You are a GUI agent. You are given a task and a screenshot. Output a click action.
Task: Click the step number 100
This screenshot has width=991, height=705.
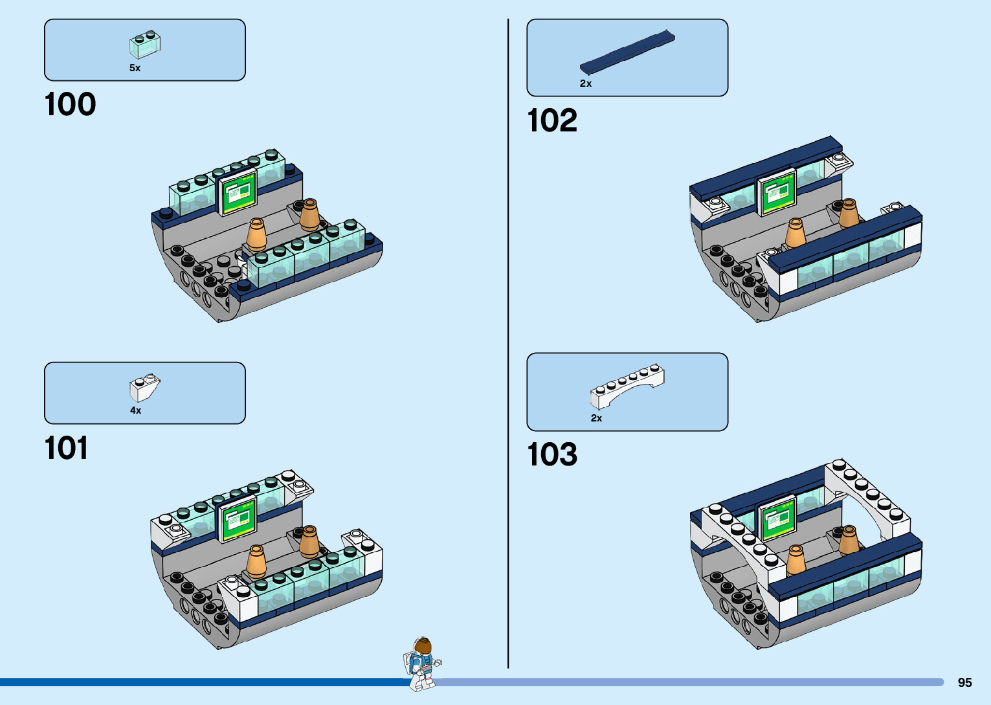point(70,105)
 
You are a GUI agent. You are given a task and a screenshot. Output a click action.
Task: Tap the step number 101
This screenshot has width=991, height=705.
point(66,448)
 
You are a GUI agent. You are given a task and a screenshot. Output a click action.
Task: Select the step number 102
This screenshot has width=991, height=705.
point(551,120)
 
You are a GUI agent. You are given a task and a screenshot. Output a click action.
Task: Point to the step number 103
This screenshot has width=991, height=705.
point(551,454)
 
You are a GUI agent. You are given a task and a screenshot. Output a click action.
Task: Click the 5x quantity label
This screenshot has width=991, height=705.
point(135,68)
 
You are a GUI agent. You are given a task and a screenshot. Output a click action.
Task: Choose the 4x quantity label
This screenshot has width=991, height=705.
point(135,410)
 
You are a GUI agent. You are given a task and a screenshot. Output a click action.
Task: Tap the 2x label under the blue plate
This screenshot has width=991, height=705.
point(585,84)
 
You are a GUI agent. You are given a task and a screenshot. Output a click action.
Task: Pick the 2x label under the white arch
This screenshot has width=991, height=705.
point(596,418)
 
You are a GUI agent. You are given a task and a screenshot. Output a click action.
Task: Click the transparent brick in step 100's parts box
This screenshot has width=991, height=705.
point(145,44)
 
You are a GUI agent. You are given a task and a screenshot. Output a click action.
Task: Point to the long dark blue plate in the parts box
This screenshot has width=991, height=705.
point(627,51)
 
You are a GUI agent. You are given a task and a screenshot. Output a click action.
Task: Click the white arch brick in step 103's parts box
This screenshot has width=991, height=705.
point(627,385)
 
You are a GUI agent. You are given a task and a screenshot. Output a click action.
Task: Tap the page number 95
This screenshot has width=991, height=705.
point(964,682)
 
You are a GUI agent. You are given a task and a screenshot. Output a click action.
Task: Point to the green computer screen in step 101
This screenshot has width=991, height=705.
point(238,519)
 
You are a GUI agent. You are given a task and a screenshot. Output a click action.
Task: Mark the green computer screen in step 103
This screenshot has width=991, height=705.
point(777,519)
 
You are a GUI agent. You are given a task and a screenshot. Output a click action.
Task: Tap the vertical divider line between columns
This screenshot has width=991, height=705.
point(508,343)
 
